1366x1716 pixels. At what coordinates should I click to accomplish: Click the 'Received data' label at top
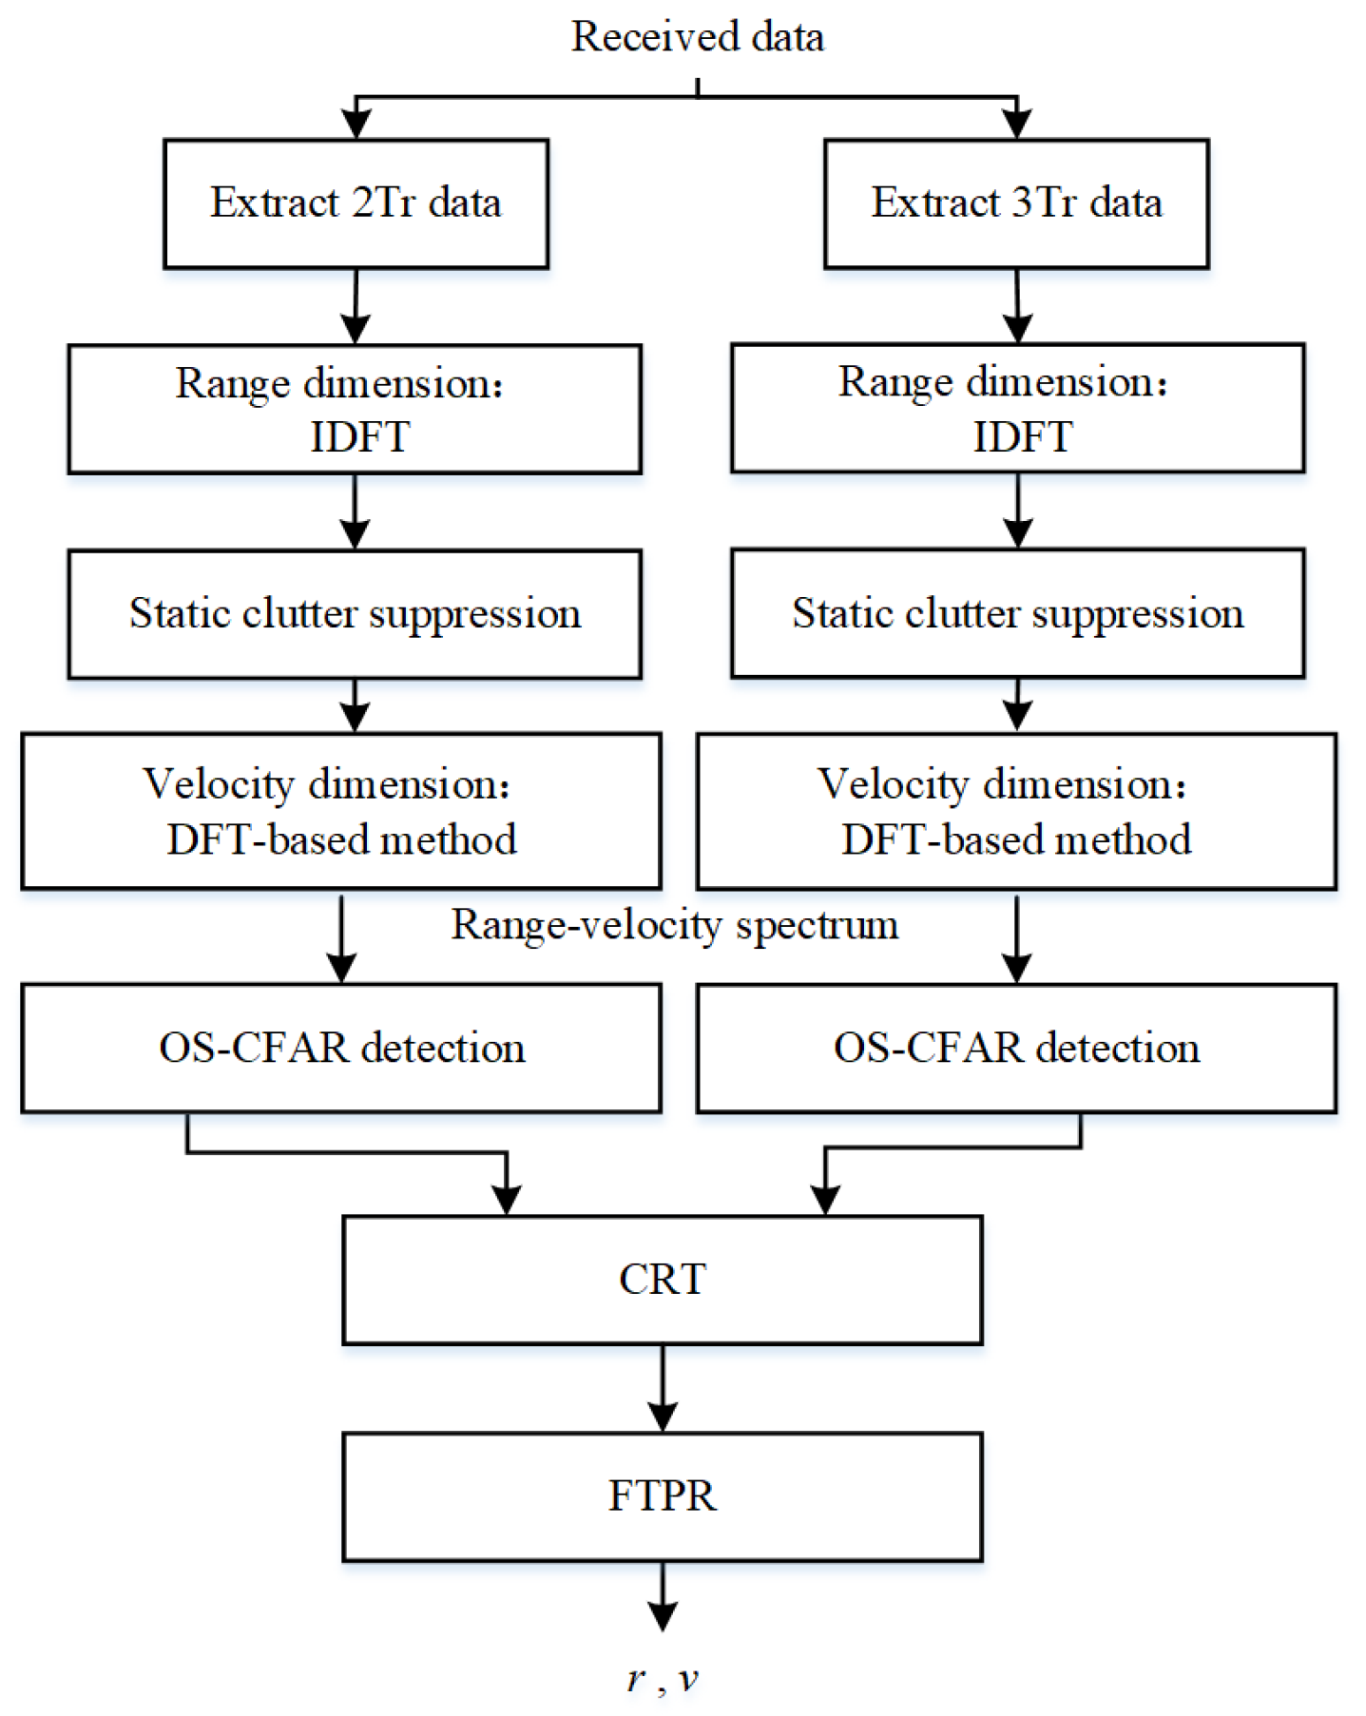click(x=697, y=37)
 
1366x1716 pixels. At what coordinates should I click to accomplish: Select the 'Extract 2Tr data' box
click(x=356, y=203)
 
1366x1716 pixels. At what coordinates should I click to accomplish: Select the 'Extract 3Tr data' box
click(x=1016, y=203)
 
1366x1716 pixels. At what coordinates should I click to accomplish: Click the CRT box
click(x=662, y=1279)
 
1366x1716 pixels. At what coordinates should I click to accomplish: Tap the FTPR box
click(x=662, y=1495)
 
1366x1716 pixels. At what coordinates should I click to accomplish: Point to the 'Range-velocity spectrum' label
click(x=674, y=925)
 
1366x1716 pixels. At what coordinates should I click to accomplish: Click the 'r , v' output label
click(x=662, y=1678)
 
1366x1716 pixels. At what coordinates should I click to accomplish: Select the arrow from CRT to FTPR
click(x=662, y=1388)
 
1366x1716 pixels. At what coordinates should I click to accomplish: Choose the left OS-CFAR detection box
click(x=341, y=1048)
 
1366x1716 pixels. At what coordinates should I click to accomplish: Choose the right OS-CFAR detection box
click(x=1016, y=1048)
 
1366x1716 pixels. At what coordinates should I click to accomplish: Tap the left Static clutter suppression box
click(x=355, y=613)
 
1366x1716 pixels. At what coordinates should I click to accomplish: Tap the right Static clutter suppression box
click(x=1017, y=613)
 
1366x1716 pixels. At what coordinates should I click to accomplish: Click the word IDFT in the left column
click(x=359, y=437)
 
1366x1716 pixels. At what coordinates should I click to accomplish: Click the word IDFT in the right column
click(x=1022, y=437)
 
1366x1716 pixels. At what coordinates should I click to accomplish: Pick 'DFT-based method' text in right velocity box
click(x=1016, y=839)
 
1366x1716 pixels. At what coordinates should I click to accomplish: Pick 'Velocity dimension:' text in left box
click(x=326, y=784)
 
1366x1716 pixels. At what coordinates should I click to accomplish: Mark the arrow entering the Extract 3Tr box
click(x=1016, y=118)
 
